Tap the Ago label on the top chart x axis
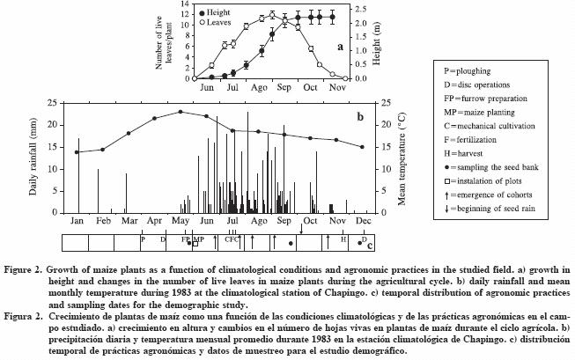(x=259, y=88)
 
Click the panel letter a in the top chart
(x=338, y=46)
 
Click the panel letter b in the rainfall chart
(x=359, y=115)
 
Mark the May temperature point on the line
(x=180, y=112)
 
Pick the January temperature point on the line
(x=77, y=152)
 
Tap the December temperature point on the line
(x=362, y=147)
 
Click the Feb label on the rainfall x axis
(x=103, y=222)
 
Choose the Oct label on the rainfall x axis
(x=311, y=222)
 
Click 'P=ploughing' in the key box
(x=475, y=71)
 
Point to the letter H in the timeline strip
(x=343, y=239)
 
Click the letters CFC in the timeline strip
(x=232, y=239)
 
